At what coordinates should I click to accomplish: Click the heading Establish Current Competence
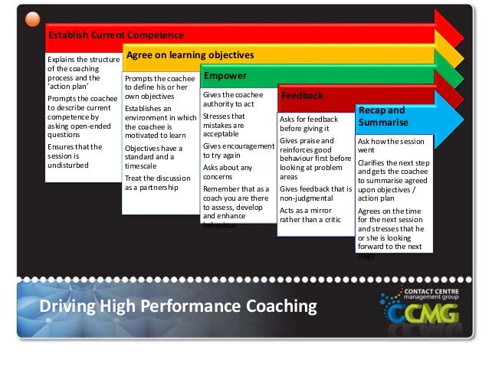pos(116,35)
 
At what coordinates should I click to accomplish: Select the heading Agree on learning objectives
pos(189,56)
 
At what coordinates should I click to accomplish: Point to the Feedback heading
pos(302,96)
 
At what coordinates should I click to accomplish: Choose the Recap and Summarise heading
pos(381,116)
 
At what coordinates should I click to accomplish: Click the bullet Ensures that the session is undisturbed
pos(74,155)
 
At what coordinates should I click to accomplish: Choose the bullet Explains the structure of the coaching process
pos(83,73)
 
